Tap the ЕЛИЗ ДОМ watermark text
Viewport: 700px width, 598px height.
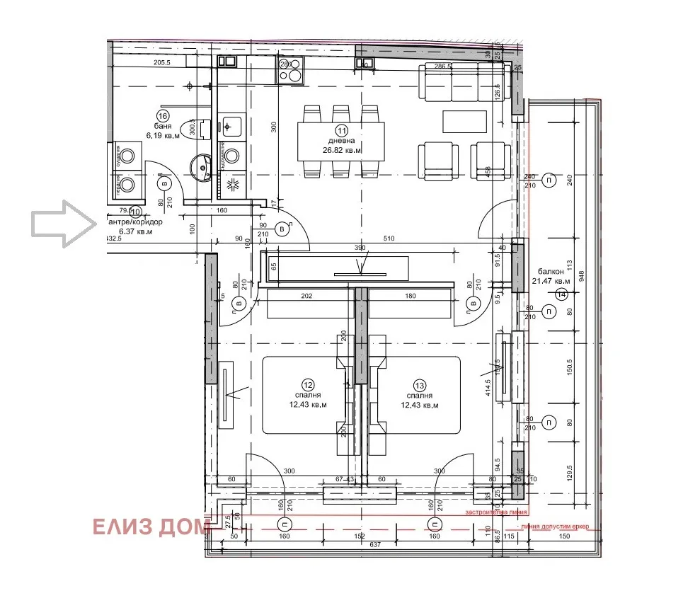[x=150, y=527]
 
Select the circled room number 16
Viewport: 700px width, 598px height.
[x=163, y=117]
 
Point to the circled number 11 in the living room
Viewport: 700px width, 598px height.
[x=343, y=130]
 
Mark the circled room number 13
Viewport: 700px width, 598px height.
[x=420, y=385]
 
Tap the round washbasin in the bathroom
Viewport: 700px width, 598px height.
[x=202, y=168]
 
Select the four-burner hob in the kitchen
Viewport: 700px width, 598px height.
[x=290, y=69]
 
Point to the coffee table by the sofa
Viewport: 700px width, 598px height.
[x=464, y=121]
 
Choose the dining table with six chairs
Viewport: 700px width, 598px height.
[x=341, y=142]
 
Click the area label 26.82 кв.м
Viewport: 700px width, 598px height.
[x=343, y=151]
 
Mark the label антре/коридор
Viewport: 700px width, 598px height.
[x=134, y=222]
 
